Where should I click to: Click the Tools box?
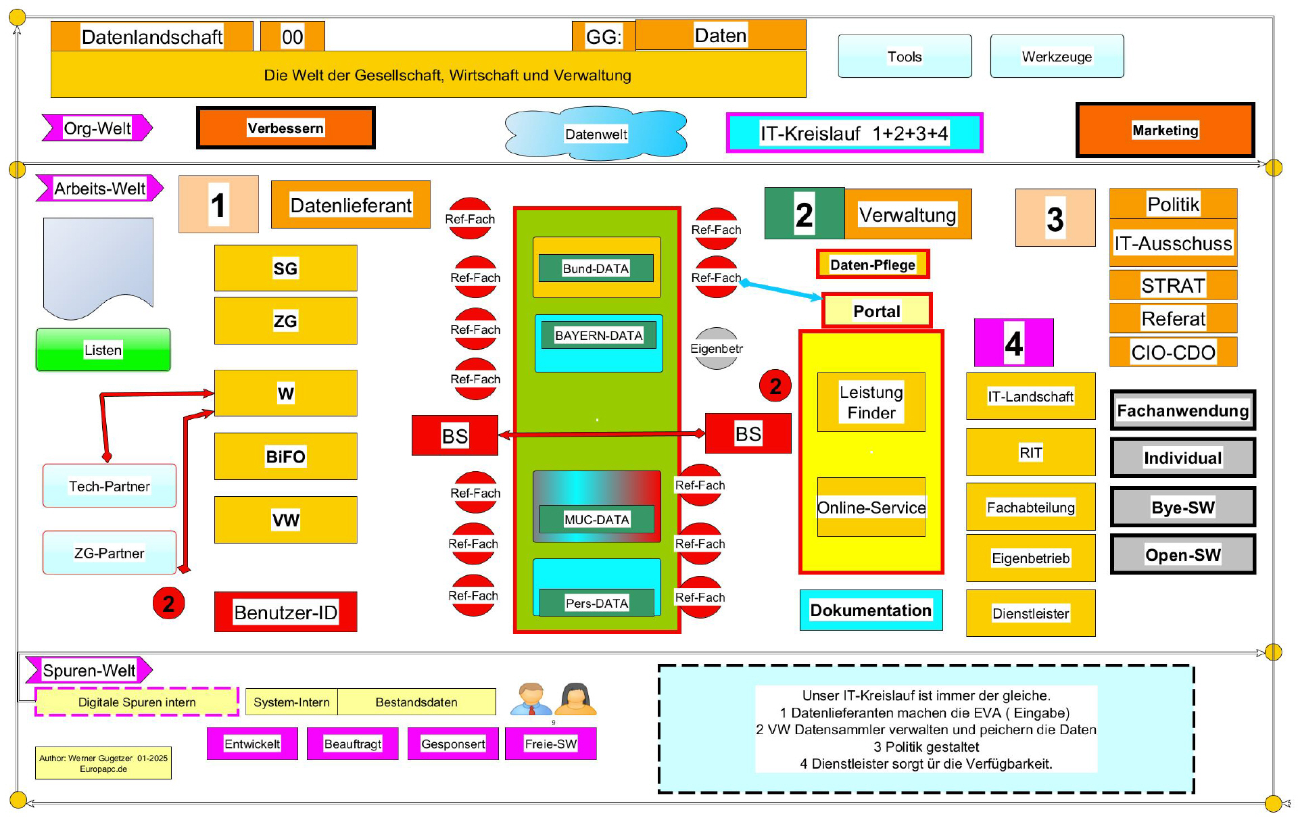point(905,57)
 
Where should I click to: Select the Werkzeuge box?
point(1057,57)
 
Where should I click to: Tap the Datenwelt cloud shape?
point(596,134)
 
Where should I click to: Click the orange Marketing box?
point(1165,130)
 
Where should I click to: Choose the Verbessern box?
point(285,128)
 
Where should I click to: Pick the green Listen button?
point(103,349)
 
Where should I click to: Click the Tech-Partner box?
point(109,486)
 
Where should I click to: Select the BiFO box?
point(285,456)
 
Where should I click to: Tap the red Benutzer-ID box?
point(285,612)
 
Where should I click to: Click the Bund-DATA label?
point(596,268)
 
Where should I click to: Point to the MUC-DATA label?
point(596,519)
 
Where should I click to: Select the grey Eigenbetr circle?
point(716,349)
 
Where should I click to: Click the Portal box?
point(876,311)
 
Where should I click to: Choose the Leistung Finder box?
point(871,402)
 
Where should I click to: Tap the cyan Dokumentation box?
point(871,610)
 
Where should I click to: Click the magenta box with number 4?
point(1013,343)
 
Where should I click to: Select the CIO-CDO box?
point(1173,352)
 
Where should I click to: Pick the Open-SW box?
point(1182,555)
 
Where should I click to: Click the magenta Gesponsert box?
point(453,744)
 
